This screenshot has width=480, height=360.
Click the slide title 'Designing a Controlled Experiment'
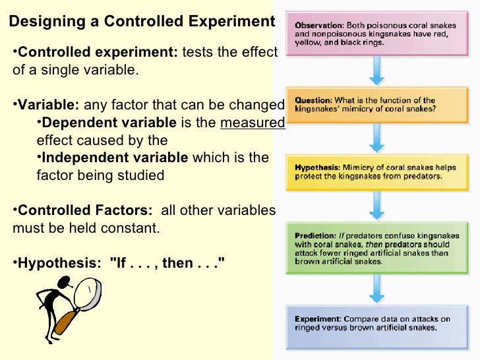pyautogui.click(x=142, y=22)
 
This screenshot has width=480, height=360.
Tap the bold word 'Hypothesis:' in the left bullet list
pyautogui.click(x=63, y=263)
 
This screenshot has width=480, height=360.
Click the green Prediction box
pyautogui.click(x=376, y=248)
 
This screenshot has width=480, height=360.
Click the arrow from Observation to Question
pyautogui.click(x=376, y=70)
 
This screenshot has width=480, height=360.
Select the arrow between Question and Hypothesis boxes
pyautogui.click(x=376, y=138)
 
